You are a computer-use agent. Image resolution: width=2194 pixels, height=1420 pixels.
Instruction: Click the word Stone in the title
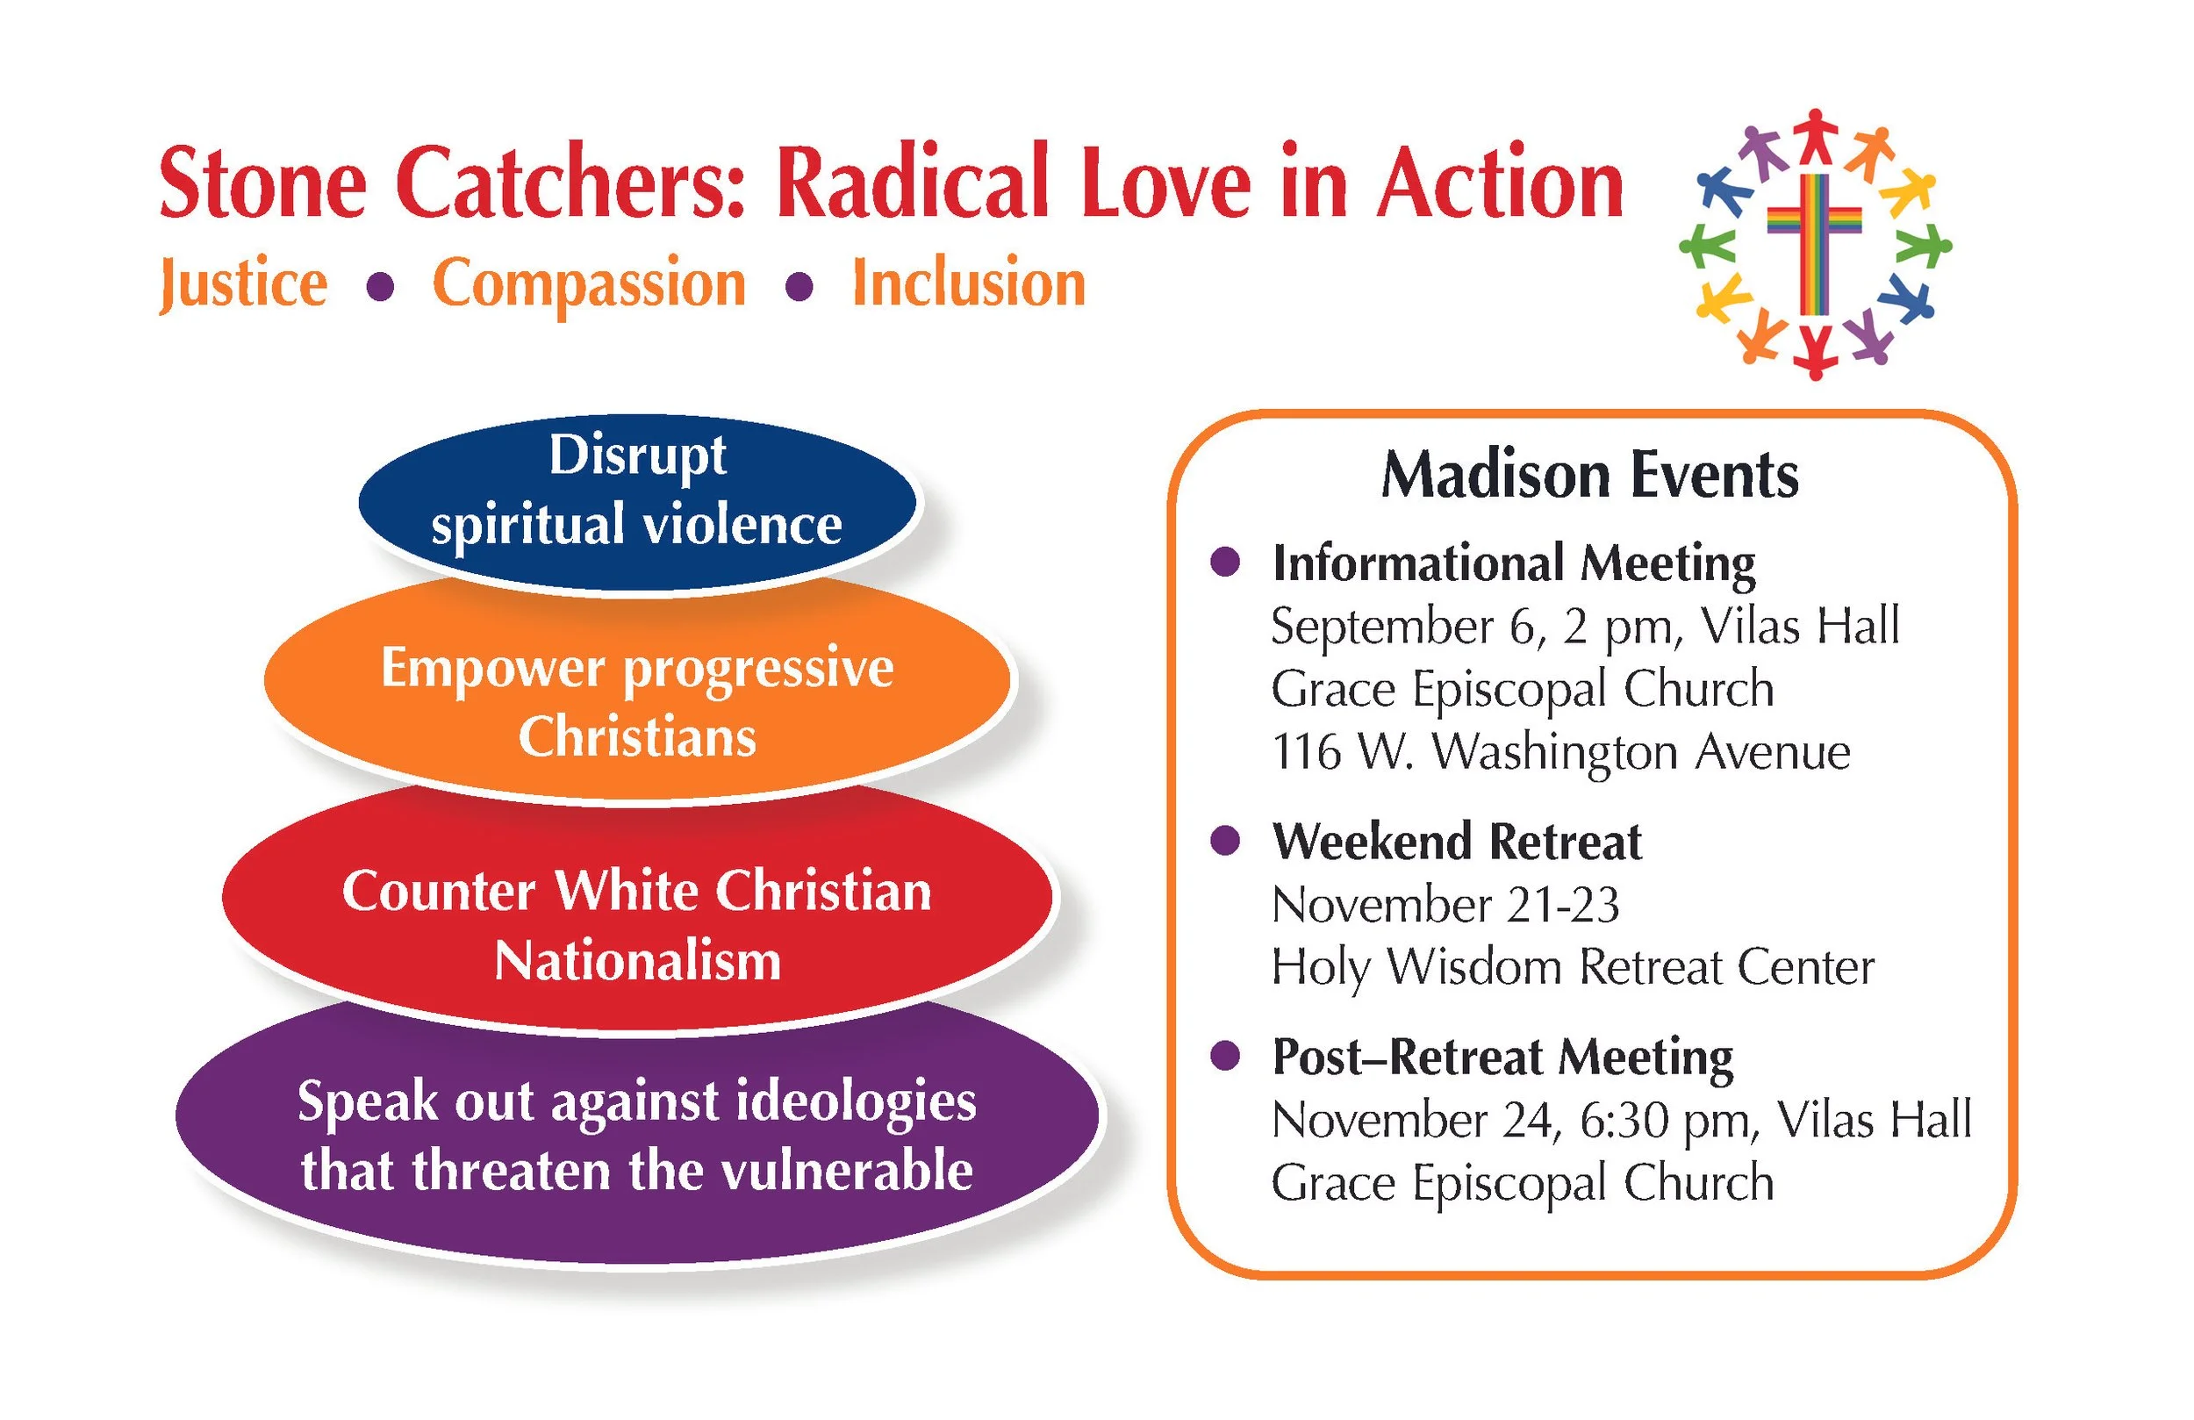(x=262, y=183)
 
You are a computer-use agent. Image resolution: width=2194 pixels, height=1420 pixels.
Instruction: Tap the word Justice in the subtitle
(x=243, y=284)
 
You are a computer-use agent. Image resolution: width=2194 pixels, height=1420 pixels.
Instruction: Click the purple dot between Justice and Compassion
(x=381, y=288)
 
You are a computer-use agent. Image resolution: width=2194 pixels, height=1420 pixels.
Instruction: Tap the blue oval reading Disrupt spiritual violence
(x=637, y=502)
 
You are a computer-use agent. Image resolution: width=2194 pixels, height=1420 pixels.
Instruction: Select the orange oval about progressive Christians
(x=637, y=687)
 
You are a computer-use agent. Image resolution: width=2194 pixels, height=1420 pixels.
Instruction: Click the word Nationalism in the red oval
(x=637, y=961)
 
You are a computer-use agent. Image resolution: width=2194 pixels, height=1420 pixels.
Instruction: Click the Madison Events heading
(x=1589, y=476)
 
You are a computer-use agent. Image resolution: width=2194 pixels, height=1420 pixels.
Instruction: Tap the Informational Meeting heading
(x=1514, y=564)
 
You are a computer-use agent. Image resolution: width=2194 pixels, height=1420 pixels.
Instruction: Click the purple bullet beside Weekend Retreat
(x=1225, y=840)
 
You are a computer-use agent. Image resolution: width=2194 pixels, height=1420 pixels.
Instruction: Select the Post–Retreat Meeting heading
(x=1502, y=1057)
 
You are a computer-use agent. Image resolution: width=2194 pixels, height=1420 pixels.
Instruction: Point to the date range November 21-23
(x=1445, y=905)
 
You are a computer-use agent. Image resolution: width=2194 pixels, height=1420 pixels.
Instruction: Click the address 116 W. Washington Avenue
(x=1560, y=752)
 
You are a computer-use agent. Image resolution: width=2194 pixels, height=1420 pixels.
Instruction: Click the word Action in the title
(x=1500, y=183)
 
